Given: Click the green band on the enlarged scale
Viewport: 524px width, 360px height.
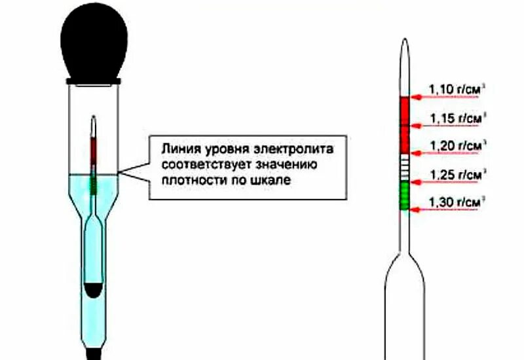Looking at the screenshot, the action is (404, 196).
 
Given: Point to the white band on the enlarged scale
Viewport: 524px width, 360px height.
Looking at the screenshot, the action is (404, 168).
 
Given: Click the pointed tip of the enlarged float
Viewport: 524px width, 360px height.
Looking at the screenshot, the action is (405, 45).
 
